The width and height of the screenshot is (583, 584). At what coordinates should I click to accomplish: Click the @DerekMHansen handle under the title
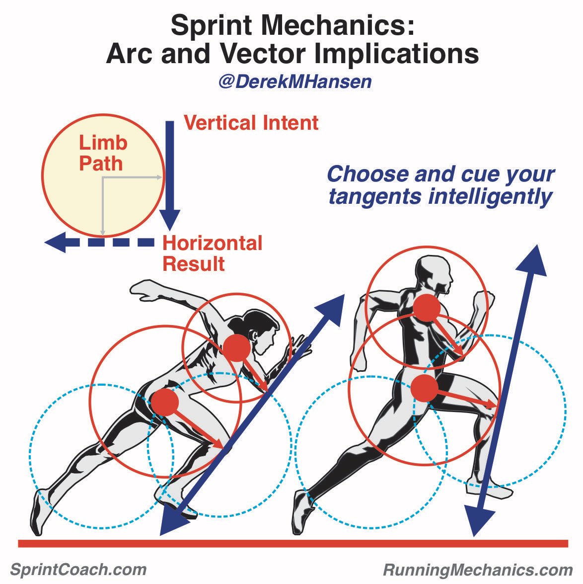coord(295,82)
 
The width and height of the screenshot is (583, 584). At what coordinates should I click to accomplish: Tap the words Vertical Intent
coord(251,123)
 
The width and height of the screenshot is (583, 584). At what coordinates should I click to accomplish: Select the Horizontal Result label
coord(212,253)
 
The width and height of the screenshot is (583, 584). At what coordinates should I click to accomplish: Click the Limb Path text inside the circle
coord(103,153)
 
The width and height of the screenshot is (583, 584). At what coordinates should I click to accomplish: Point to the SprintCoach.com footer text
coord(78,569)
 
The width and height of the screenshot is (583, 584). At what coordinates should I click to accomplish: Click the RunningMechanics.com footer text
coord(478,569)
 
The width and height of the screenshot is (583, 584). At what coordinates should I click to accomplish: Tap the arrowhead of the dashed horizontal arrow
coord(56,242)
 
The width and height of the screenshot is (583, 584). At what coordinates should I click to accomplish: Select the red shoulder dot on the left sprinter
coord(236,347)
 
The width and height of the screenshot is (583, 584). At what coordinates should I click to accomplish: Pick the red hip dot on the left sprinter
coord(164,402)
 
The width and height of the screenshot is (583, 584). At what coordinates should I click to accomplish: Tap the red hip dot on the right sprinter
coord(424,388)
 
